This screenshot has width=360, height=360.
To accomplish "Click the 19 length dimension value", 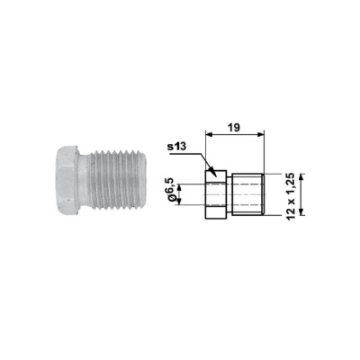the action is (234, 128).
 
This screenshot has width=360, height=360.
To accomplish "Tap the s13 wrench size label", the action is (177, 147).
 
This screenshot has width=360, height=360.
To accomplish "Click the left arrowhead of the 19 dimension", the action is (209, 135).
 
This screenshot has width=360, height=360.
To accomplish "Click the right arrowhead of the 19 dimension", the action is (260, 135).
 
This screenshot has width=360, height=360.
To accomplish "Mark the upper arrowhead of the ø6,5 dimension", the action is (179, 188).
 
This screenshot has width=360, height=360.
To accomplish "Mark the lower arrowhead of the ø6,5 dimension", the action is (179, 201).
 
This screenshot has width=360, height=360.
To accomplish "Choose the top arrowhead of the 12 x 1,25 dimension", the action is (302, 177).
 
